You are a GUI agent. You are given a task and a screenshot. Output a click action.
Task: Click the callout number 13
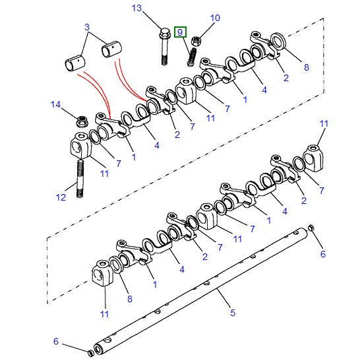tap(136, 8)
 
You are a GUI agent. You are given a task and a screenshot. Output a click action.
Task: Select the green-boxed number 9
tap(180, 32)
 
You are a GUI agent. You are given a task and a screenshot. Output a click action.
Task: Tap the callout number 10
tap(215, 18)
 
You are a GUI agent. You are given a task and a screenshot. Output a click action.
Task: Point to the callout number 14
tap(55, 104)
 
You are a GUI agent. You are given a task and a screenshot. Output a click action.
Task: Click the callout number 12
tap(61, 197)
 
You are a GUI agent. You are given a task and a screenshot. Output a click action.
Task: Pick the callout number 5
tap(233, 313)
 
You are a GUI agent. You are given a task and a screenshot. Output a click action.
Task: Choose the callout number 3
tap(87, 27)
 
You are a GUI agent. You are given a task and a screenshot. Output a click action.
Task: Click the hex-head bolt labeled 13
tap(164, 47)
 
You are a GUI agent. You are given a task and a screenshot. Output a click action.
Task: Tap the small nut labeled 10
tap(196, 41)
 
